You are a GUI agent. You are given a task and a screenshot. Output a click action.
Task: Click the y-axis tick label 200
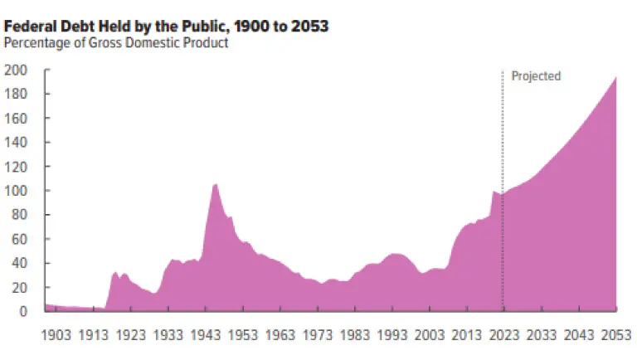(x=16, y=70)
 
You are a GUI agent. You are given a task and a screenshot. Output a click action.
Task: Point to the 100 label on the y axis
(x=16, y=191)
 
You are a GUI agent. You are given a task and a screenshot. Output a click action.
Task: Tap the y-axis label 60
(x=20, y=239)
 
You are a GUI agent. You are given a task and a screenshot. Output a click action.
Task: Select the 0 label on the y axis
(x=22, y=311)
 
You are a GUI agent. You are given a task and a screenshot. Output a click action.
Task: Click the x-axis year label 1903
(x=56, y=335)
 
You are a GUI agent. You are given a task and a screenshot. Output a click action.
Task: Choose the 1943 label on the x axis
(x=206, y=335)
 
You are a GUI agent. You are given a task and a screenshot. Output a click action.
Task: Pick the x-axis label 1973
(x=318, y=335)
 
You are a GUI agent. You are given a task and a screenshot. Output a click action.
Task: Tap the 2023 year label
(x=504, y=335)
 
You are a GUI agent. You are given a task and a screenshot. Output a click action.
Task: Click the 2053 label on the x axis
(x=616, y=335)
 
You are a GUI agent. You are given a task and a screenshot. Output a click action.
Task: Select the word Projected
(x=536, y=76)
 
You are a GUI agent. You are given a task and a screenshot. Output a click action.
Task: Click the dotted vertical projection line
(x=503, y=191)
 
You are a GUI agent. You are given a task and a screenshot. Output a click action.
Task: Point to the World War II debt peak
(x=215, y=184)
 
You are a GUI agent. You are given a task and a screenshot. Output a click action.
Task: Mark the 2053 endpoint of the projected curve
(x=616, y=77)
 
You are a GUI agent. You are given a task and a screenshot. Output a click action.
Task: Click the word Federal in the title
(x=30, y=27)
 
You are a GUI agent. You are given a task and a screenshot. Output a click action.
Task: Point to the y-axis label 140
(x=16, y=142)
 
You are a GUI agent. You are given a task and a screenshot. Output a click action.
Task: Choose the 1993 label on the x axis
(x=392, y=335)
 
